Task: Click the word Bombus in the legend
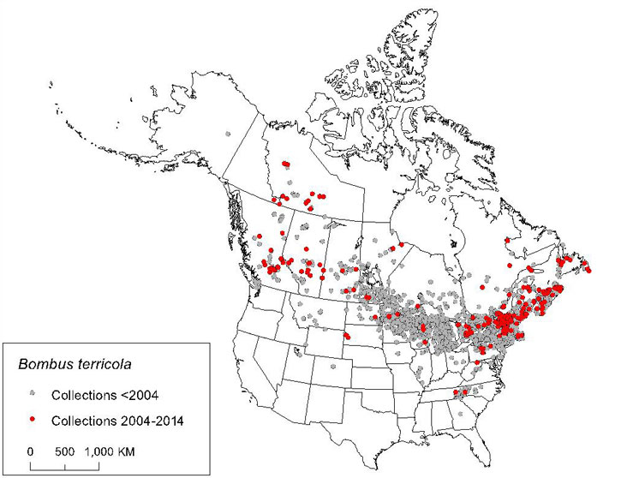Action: pos(42,366)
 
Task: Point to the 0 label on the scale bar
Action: pos(31,450)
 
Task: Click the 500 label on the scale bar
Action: pos(66,450)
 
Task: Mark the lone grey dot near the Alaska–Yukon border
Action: pos(226,134)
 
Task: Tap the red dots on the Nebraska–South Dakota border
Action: pos(347,335)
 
